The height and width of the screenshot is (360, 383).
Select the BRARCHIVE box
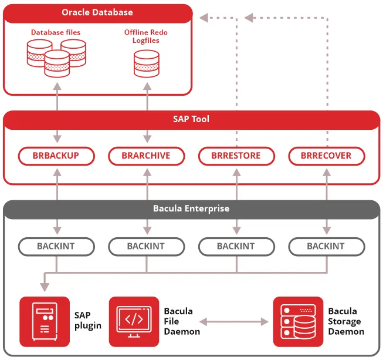(147, 156)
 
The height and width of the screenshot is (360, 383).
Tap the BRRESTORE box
(236, 156)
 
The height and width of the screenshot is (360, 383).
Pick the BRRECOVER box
(327, 156)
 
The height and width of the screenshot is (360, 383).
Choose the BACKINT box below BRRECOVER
(327, 246)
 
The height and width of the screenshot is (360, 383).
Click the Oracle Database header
(97, 12)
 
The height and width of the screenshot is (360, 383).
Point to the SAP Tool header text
(191, 119)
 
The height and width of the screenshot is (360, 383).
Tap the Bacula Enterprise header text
(191, 208)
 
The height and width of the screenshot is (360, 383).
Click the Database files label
(56, 32)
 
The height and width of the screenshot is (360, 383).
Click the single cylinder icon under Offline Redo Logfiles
(146, 64)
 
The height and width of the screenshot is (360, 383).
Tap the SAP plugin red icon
(45, 321)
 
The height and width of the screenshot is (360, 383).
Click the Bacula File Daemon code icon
(134, 321)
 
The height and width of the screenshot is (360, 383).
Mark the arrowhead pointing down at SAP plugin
(45, 287)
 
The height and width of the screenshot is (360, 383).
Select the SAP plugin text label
(88, 321)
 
